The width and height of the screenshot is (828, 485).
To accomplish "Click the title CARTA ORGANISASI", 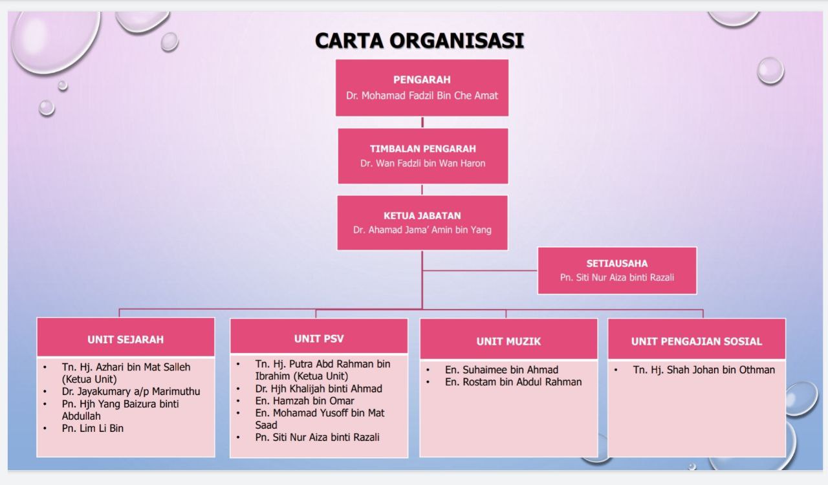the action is click(420, 40).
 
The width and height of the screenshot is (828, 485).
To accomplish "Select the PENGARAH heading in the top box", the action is click(422, 80).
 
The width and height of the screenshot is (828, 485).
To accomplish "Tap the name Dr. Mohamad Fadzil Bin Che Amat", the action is click(422, 96).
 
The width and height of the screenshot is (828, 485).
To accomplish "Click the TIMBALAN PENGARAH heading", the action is click(423, 149).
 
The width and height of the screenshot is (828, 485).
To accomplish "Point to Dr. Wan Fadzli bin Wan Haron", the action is click(423, 164).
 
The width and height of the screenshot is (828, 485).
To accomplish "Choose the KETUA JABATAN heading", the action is click(422, 216).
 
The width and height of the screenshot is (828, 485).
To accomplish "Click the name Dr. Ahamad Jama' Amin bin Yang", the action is click(422, 230).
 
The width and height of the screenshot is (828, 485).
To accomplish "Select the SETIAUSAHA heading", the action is click(617, 264).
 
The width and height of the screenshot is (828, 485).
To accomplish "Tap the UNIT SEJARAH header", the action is click(125, 339).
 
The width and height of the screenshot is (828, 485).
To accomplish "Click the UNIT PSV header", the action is click(319, 339).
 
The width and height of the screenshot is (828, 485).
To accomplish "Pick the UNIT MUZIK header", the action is click(508, 341).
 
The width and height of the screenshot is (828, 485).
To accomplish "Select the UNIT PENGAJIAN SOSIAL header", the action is click(697, 341).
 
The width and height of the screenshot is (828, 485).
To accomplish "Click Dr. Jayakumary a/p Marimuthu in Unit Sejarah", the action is click(131, 391).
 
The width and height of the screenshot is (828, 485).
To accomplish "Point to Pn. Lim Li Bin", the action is click(93, 429).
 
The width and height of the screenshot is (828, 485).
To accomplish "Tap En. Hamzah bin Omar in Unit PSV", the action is click(305, 401).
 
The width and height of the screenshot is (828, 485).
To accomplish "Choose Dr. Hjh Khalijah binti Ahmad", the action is click(319, 389).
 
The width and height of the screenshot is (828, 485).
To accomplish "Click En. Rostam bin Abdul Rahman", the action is click(514, 382).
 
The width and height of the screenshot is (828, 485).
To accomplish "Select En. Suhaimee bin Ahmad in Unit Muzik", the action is click(501, 370).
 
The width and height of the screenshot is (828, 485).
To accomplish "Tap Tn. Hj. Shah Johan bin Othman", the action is click(704, 370).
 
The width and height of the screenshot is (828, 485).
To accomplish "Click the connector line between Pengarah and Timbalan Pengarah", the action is click(422, 122).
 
